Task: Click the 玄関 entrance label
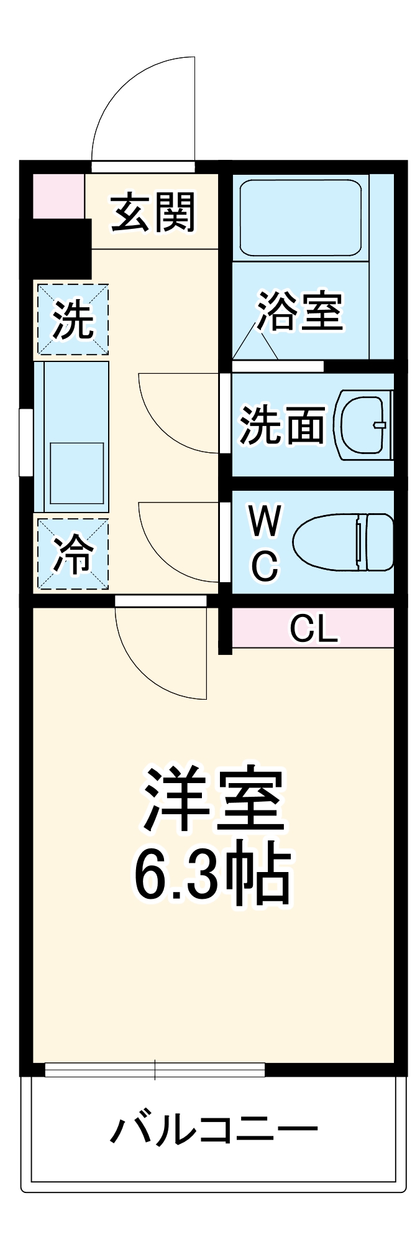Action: (153, 213)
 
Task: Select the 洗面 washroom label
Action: (283, 425)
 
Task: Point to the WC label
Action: (265, 543)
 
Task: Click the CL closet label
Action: (314, 629)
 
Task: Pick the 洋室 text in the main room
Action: (212, 800)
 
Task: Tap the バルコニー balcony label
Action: (214, 1130)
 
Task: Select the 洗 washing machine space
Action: (73, 320)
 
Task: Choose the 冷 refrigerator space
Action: (73, 554)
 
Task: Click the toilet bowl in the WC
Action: (344, 542)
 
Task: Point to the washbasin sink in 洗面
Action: (363, 425)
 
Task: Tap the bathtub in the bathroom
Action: (300, 218)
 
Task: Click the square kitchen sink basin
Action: (77, 473)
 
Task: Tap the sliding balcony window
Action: (155, 1070)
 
